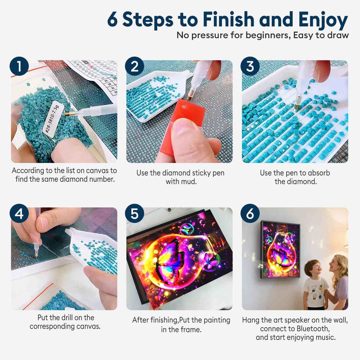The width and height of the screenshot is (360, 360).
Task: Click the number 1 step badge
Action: tap(19, 66)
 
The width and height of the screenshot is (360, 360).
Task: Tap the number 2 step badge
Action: tap(135, 66)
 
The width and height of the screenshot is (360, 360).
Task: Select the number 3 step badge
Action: tap(250, 66)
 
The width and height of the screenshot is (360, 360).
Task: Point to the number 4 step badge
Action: tap(19, 213)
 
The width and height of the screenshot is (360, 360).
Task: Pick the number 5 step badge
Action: tap(135, 213)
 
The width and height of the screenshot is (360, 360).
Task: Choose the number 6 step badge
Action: tap(250, 213)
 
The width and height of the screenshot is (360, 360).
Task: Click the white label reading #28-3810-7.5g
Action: tap(51, 119)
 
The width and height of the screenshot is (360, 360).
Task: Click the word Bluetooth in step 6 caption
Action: tap(313, 328)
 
